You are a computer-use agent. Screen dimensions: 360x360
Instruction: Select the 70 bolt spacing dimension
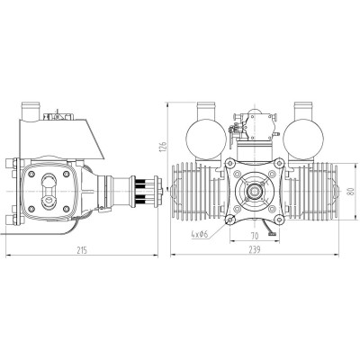[x=256, y=235]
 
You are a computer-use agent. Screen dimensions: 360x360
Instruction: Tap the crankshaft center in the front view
[x=256, y=190]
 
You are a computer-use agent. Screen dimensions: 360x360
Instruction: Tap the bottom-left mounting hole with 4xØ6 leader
[x=230, y=217]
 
